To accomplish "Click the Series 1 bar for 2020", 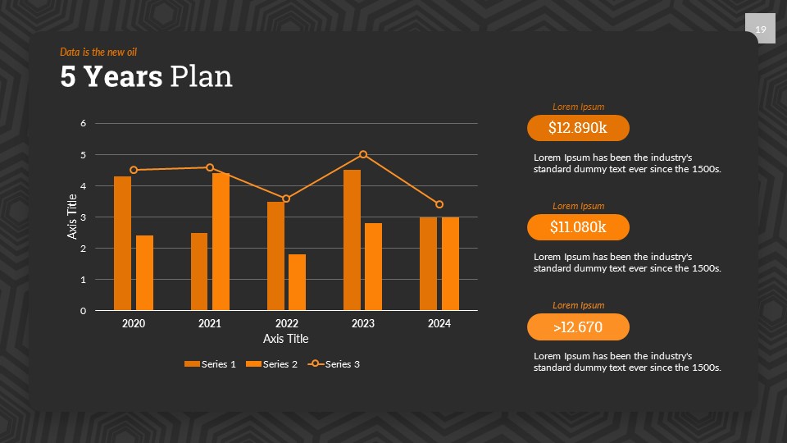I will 122,244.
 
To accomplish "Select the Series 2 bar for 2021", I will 221,242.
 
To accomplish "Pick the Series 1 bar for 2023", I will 352,240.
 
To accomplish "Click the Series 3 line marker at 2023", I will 363,154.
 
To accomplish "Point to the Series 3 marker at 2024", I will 439,204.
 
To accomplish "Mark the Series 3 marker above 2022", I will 286,199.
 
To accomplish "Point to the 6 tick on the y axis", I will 83,123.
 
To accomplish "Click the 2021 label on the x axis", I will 210,324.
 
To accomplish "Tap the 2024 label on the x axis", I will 439,324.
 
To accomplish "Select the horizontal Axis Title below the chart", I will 286,339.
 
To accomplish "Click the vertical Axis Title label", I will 71,217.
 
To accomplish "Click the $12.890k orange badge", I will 578,128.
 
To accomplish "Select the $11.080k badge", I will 578,227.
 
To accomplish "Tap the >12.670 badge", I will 578,327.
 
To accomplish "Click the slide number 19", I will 760,30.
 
